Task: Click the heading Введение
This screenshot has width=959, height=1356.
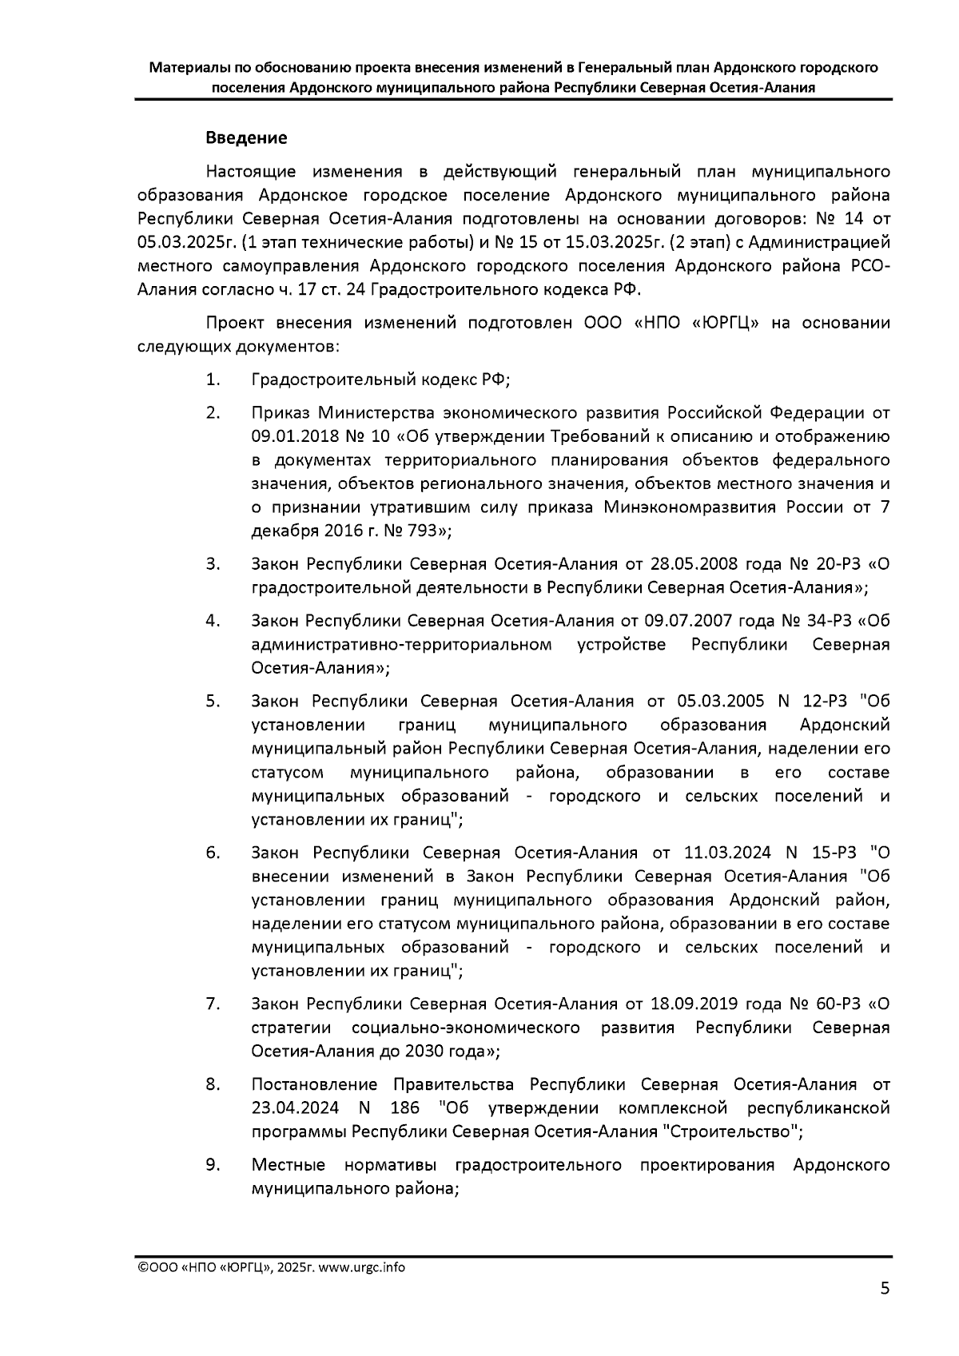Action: click(x=246, y=138)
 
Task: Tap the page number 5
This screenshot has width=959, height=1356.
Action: click(x=884, y=1311)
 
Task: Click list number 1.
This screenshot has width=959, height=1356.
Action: click(x=213, y=380)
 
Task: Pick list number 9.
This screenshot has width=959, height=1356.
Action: click(x=213, y=1164)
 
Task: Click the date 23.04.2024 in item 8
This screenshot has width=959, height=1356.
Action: click(x=295, y=1108)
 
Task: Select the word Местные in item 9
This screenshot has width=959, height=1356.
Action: click(x=288, y=1165)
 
